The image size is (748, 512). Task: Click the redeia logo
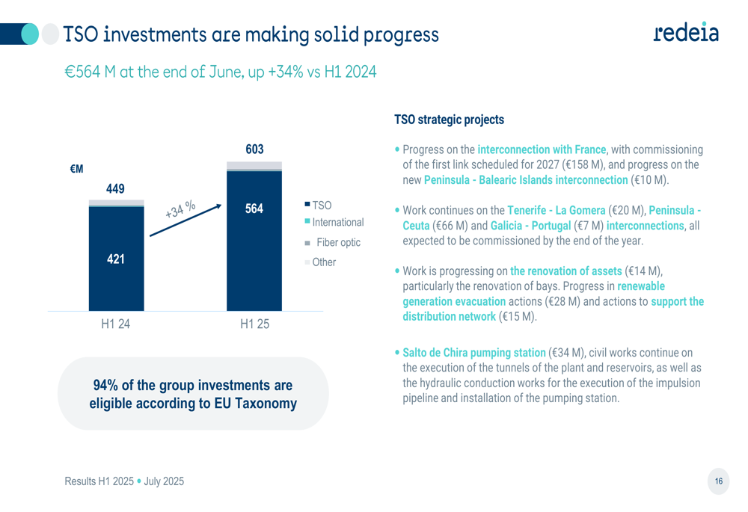tap(685, 32)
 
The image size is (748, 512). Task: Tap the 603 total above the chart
tap(254, 149)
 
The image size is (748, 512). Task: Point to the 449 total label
tap(115, 189)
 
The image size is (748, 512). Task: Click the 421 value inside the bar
tap(115, 259)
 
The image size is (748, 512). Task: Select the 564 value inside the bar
tap(254, 209)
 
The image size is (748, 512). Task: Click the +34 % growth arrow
tap(186, 219)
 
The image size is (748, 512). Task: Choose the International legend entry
tap(334, 223)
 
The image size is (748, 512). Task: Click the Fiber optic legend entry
tap(334, 243)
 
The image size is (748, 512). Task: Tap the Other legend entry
tap(321, 262)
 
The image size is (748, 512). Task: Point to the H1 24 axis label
tap(116, 325)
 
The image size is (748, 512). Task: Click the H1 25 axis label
tap(254, 325)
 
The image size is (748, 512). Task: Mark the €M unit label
tap(76, 170)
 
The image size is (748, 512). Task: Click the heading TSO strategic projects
tap(449, 120)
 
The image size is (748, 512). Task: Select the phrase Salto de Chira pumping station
tap(474, 352)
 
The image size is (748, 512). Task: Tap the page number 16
tap(719, 481)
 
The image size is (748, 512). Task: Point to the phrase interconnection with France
tap(542, 149)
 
